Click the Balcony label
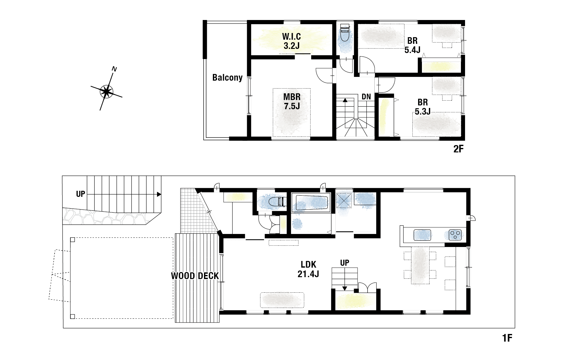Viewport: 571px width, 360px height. click(x=227, y=77)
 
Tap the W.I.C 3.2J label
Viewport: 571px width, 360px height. click(x=292, y=41)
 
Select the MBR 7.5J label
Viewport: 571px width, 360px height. click(x=292, y=101)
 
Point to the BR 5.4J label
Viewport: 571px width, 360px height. click(x=412, y=45)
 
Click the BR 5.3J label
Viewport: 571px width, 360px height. click(x=423, y=107)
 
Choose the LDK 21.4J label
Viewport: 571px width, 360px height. click(x=308, y=269)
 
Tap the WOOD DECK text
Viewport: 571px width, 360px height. click(x=195, y=276)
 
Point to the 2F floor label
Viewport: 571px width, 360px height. click(x=458, y=149)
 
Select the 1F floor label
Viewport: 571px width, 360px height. click(x=507, y=338)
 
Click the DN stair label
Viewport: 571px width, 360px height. click(x=366, y=97)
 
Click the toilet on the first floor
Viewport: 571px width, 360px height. click(x=275, y=202)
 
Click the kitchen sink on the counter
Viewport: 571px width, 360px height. click(x=422, y=235)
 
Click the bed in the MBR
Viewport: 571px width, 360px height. click(x=292, y=113)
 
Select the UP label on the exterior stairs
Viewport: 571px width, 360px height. click(x=81, y=194)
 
